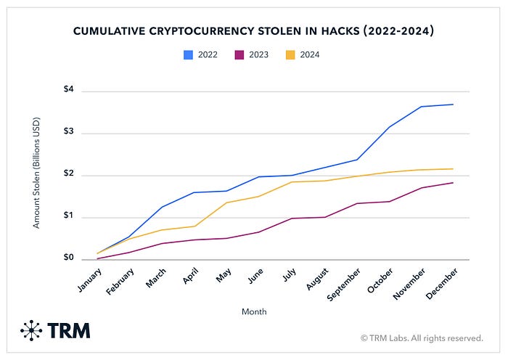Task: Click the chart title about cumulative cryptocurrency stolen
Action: [x=254, y=31]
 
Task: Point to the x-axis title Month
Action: [x=255, y=311]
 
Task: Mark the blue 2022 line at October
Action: [x=390, y=127]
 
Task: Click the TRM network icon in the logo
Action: [x=31, y=330]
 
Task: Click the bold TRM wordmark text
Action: [x=69, y=331]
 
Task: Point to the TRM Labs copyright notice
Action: [x=422, y=337]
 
